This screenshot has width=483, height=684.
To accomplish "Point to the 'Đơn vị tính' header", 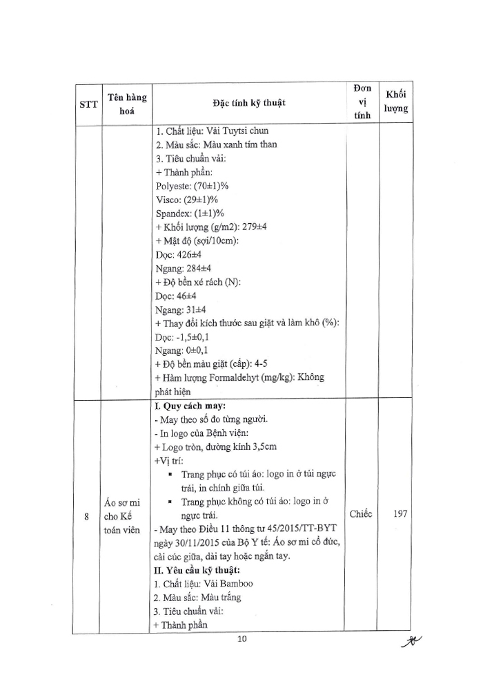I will coord(362,102).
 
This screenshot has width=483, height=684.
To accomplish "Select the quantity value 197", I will coord(397,514).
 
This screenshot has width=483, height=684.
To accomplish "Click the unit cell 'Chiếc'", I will coord(361,514).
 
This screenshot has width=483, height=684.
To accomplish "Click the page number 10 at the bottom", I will coord(241,639).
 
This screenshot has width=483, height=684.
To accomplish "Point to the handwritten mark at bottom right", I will coord(411,642).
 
